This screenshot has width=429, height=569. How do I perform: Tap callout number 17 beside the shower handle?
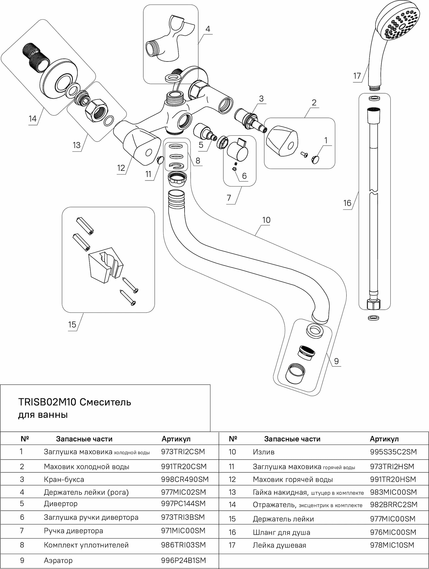[x=357, y=76]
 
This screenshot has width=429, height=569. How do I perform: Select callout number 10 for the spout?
[x=266, y=220]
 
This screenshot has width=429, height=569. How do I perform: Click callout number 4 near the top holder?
[x=208, y=29]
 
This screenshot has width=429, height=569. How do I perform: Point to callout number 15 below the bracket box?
[x=72, y=325]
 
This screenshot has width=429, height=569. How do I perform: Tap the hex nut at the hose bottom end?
[x=373, y=305]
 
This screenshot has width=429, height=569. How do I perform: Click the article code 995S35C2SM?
[x=393, y=452]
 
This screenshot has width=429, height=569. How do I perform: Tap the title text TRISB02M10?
[x=47, y=402]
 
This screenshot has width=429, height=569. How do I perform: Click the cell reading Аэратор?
[x=58, y=560]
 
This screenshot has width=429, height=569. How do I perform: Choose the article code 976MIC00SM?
[x=393, y=532]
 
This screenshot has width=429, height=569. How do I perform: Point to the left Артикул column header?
[x=176, y=439]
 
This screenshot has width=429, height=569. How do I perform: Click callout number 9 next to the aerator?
[x=336, y=361]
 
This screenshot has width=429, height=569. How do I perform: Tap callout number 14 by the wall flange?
[x=33, y=119]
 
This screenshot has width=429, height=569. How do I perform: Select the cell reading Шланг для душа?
[x=281, y=532]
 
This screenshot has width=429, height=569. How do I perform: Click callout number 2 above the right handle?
[x=314, y=103]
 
